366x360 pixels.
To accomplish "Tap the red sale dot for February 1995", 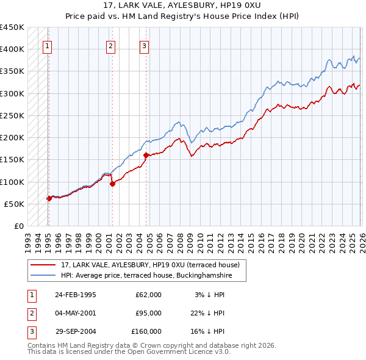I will click(x=49, y=198).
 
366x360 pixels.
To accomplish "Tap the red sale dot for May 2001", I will click(x=112, y=184).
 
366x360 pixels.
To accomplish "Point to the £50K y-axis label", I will click(x=13, y=204).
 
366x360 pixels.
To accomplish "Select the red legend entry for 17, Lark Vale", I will click(x=153, y=265).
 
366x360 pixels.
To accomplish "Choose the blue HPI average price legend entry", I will click(x=153, y=275).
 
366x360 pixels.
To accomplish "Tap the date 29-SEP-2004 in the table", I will click(x=75, y=331).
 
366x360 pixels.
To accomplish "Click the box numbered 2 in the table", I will click(x=30, y=313).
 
